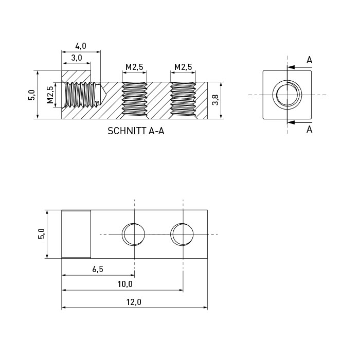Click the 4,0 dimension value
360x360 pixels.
(81, 46)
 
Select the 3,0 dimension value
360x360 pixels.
(77, 58)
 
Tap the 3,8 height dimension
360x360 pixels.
(215, 100)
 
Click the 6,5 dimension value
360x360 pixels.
(98, 269)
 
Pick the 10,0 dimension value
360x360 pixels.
(125, 284)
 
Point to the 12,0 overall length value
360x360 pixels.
(134, 302)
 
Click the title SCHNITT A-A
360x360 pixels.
(136, 131)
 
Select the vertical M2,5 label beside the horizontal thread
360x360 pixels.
(50, 95)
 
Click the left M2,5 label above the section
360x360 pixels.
(134, 67)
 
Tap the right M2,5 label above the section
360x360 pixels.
(183, 67)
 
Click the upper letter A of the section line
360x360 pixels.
(309, 60)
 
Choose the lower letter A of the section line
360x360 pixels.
(309, 130)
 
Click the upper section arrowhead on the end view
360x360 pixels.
(291, 67)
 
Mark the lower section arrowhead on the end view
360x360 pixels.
(291, 122)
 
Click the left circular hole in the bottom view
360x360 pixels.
(133, 235)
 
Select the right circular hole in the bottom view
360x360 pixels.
(182, 235)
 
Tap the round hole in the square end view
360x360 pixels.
(287, 95)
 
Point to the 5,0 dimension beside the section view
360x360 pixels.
(31, 95)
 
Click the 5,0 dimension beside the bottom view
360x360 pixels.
(41, 234)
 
